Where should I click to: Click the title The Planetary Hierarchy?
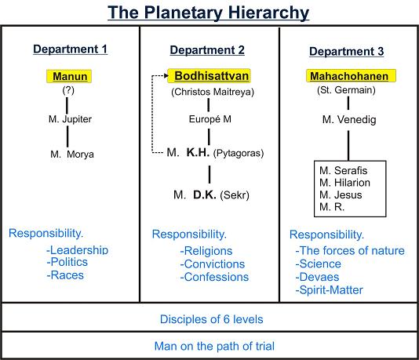click(x=209, y=13)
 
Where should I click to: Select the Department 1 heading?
click(x=71, y=49)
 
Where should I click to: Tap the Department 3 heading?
click(x=347, y=51)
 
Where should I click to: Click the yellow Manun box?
click(x=69, y=76)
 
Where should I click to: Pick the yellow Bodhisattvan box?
click(x=209, y=76)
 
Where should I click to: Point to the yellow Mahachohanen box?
click(x=351, y=76)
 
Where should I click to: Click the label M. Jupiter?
click(x=70, y=119)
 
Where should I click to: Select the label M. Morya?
click(x=72, y=154)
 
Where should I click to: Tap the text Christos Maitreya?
click(x=213, y=92)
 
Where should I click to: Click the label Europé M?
click(x=210, y=119)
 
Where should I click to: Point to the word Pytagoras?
click(x=239, y=153)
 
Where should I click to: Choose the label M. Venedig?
click(x=349, y=119)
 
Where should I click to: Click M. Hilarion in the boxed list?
click(x=344, y=183)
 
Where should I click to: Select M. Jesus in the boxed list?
click(x=341, y=195)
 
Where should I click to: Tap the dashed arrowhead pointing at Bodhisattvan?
click(x=166, y=76)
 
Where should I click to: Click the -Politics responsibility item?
click(x=67, y=262)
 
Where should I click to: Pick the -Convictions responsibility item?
click(x=213, y=264)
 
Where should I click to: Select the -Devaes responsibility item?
click(x=317, y=277)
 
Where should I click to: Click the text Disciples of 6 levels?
click(x=212, y=319)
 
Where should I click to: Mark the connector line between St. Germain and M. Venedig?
click(x=348, y=103)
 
